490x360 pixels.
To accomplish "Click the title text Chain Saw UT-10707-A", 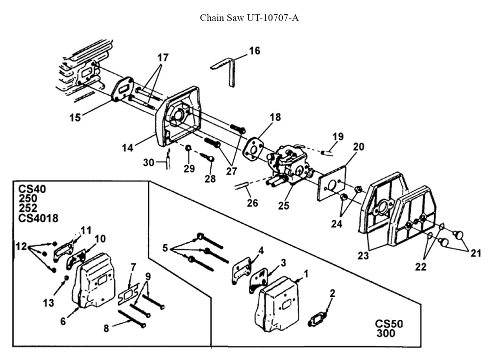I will pyautogui.click(x=249, y=18).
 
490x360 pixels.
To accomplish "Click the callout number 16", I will pyautogui.click(x=255, y=51).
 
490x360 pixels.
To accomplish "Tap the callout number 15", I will pyautogui.click(x=75, y=118).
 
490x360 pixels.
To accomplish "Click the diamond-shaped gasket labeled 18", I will pyautogui.click(x=255, y=147).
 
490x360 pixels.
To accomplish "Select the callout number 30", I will pyautogui.click(x=148, y=162).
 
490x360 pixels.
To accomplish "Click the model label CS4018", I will pyautogui.click(x=38, y=218).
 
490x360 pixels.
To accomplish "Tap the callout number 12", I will pyautogui.click(x=22, y=245).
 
